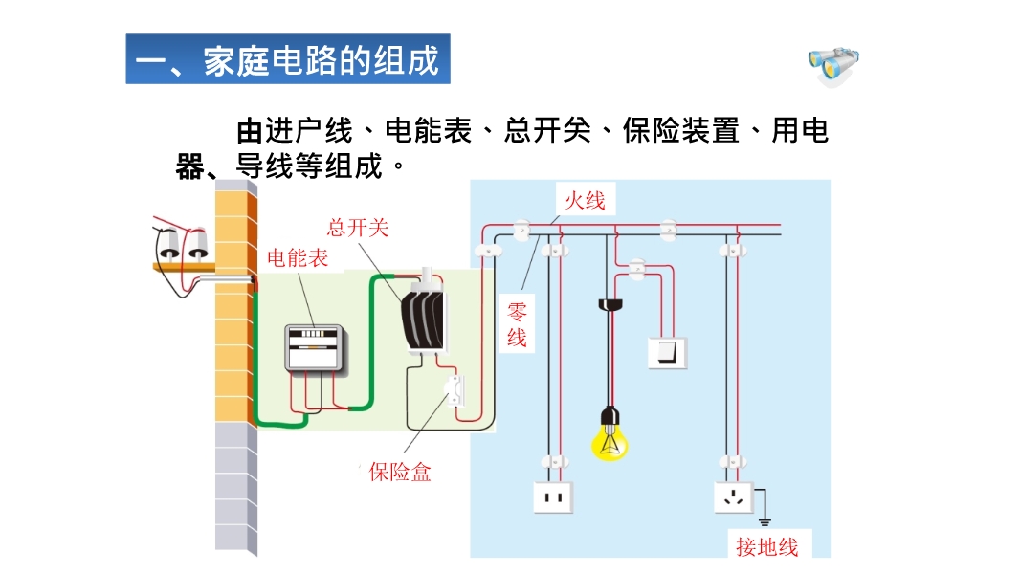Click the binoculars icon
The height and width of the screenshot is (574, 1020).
(x=833, y=63)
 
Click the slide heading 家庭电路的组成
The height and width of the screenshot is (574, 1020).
(x=287, y=59)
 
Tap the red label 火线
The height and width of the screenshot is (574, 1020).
(x=585, y=200)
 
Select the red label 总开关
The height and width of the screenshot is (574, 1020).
(x=358, y=228)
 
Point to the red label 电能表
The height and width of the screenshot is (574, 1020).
(x=298, y=257)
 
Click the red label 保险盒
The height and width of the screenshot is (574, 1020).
(x=400, y=472)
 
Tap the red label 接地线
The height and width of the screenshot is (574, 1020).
(x=766, y=546)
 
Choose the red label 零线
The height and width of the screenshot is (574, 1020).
(x=517, y=324)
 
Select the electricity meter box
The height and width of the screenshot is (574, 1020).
(x=315, y=347)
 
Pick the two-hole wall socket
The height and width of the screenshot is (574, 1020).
(x=552, y=497)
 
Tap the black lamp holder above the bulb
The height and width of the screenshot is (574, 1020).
(x=610, y=305)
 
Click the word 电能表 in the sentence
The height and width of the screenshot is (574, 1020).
(x=428, y=131)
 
